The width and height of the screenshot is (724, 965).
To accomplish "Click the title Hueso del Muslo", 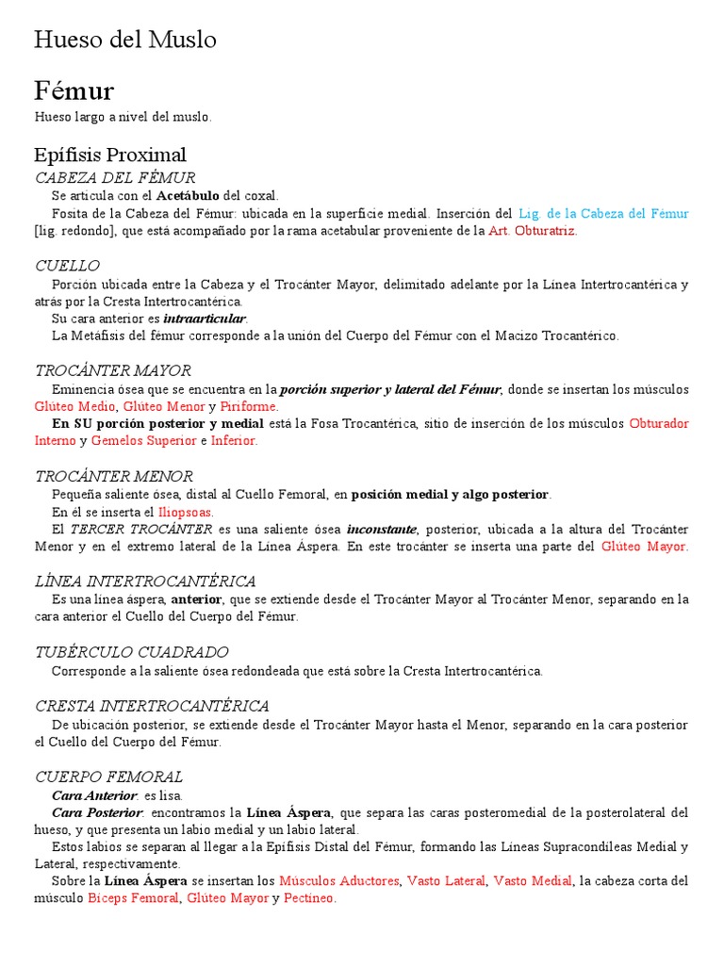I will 125,40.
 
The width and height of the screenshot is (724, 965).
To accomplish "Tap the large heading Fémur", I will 74,90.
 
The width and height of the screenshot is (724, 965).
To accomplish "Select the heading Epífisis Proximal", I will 109,155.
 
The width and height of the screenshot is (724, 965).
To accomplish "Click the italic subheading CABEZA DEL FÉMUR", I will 115,178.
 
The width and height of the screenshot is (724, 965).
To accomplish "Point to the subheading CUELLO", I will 67,266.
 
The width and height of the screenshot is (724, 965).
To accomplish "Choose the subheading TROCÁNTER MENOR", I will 114,477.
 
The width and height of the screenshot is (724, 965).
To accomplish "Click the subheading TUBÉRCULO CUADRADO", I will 132,652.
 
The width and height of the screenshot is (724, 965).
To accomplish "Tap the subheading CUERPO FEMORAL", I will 108,777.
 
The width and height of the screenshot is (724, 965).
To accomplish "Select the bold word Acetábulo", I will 187,196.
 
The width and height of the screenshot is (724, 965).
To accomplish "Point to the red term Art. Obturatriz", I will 532,231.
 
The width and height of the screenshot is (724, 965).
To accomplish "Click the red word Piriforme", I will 249,406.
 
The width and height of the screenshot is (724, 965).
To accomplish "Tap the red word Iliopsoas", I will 186,512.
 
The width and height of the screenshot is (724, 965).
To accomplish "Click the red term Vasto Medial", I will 533,881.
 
